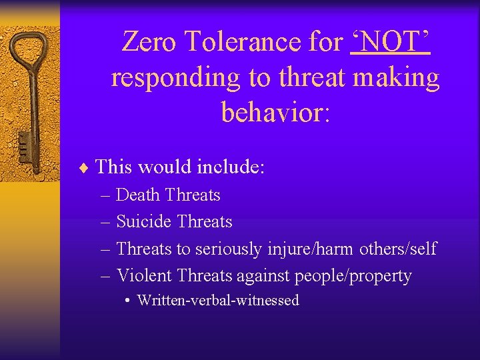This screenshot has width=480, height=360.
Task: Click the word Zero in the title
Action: tap(150, 42)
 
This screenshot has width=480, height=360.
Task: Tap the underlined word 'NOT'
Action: tap(390, 42)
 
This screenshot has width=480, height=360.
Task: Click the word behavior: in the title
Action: tap(275, 113)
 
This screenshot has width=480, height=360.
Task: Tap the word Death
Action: tap(138, 195)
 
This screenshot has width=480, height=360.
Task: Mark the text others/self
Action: tap(398, 249)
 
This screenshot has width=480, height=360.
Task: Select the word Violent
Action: tap(144, 275)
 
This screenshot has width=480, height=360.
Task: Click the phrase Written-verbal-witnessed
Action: tap(218, 301)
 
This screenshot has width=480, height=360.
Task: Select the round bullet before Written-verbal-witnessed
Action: tap(127, 301)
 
